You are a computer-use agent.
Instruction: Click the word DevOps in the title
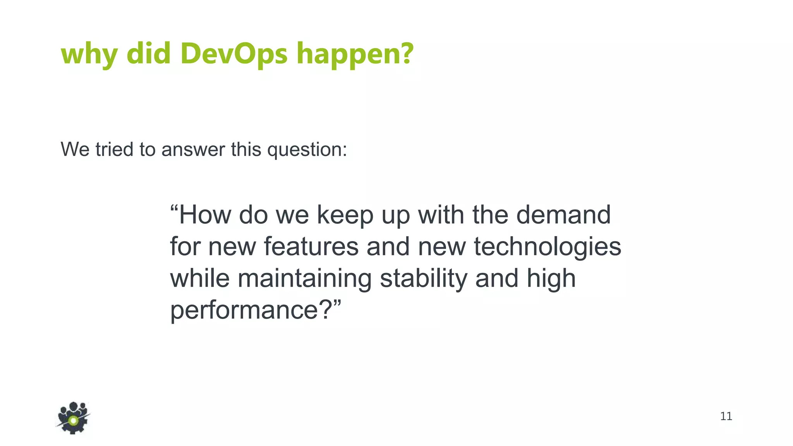(x=234, y=53)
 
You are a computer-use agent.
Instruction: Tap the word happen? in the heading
(x=355, y=54)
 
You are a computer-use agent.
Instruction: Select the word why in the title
(x=89, y=54)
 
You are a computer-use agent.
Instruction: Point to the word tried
(x=115, y=149)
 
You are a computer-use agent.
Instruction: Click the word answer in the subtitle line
(x=193, y=149)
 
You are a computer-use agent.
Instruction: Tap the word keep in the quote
(x=345, y=215)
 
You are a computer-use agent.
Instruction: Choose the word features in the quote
(x=311, y=247)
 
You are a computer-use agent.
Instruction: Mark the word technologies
(x=547, y=247)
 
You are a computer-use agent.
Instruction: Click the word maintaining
(x=305, y=279)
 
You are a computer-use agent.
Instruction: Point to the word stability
(x=424, y=279)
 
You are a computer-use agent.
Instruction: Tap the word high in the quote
(x=551, y=279)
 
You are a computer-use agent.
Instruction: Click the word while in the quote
(x=200, y=278)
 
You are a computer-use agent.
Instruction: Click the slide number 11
(x=726, y=416)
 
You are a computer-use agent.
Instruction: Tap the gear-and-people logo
(x=73, y=418)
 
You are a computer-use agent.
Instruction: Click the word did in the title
(x=149, y=53)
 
